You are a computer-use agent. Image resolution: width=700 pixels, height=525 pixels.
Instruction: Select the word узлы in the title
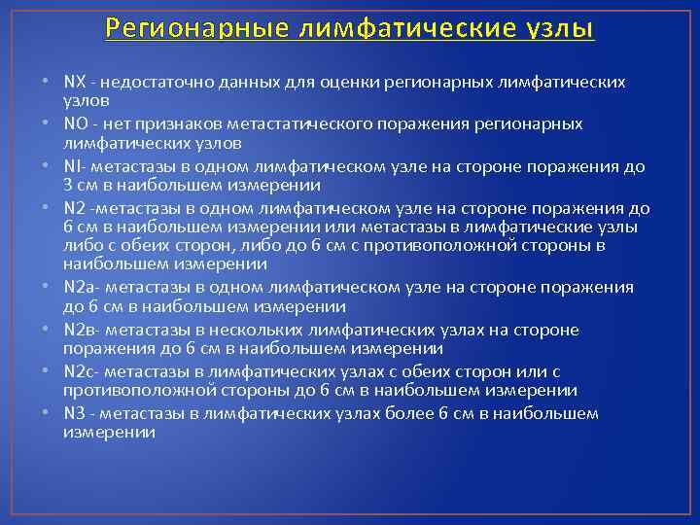[555, 28]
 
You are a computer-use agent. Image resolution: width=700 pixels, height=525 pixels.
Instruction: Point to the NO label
[74, 124]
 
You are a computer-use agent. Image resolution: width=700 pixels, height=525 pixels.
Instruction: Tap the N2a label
[78, 288]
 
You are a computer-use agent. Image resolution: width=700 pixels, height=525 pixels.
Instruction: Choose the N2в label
[78, 331]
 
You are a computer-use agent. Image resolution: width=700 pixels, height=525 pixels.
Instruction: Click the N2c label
[78, 372]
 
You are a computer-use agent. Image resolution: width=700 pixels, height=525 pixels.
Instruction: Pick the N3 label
[74, 414]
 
